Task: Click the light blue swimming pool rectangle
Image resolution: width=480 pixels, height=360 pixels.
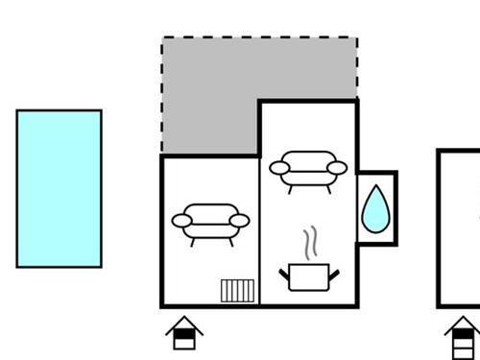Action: (x=59, y=188)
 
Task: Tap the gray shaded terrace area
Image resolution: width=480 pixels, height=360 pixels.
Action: (x=211, y=96)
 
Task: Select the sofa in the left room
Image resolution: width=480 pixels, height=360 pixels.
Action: (x=210, y=223)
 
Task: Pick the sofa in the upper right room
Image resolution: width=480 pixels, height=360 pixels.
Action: (x=308, y=170)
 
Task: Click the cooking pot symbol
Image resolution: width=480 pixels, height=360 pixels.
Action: (x=309, y=277)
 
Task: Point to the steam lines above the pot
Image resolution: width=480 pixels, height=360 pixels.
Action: (x=309, y=244)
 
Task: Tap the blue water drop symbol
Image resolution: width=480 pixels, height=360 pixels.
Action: (x=375, y=210)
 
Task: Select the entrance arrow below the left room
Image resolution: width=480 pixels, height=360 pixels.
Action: (x=184, y=333)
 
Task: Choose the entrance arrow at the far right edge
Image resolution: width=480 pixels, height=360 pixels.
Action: (x=463, y=337)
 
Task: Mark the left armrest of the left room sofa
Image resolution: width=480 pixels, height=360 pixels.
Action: (x=181, y=221)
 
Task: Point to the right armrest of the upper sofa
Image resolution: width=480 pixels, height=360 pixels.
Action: (x=337, y=168)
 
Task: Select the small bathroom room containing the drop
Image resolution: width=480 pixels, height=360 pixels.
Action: (x=376, y=208)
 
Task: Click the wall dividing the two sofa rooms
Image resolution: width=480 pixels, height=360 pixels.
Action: (x=260, y=230)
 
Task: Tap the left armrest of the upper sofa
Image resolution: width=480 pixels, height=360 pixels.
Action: (x=279, y=168)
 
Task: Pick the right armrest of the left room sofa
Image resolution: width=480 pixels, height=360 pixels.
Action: (x=239, y=221)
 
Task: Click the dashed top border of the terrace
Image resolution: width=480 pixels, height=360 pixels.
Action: (x=259, y=38)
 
